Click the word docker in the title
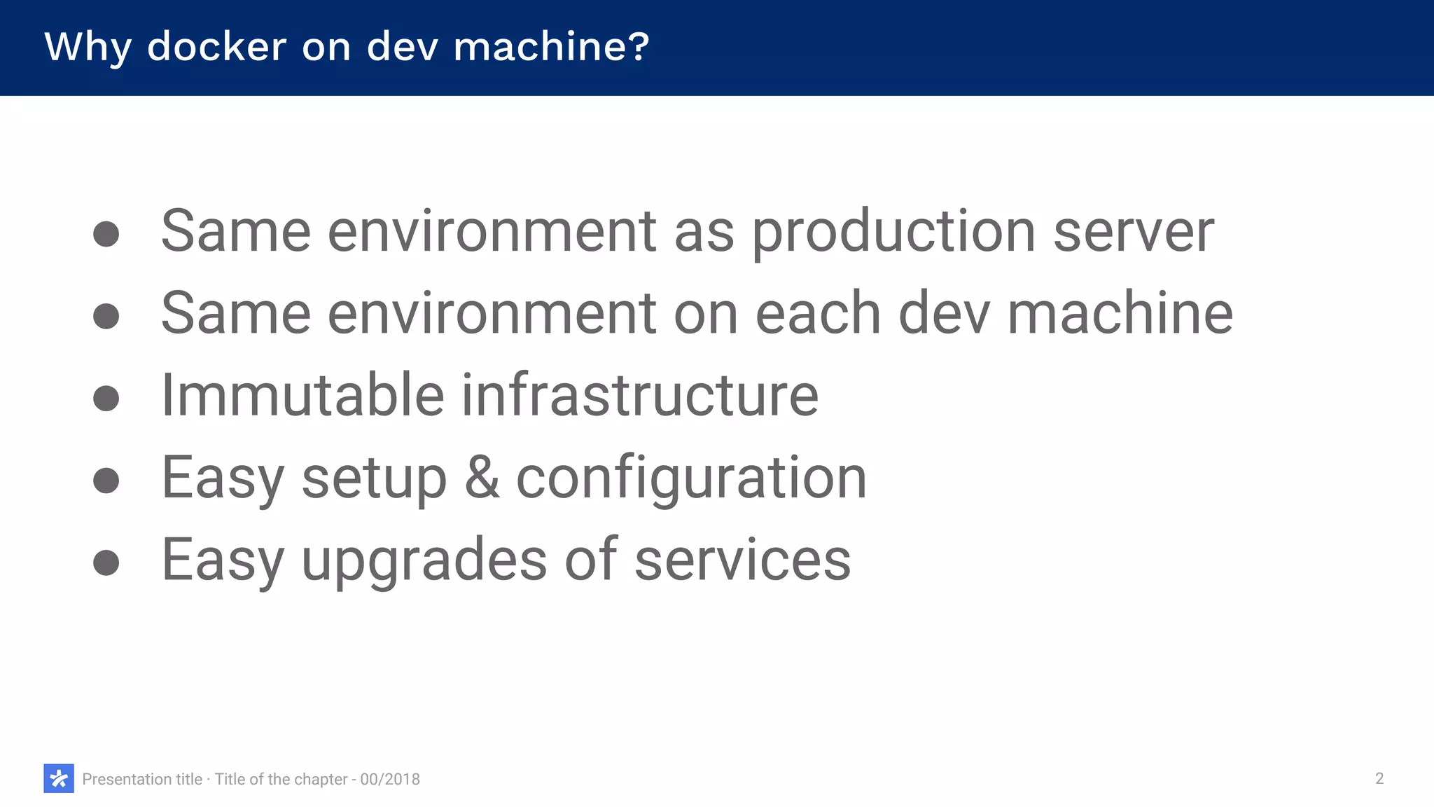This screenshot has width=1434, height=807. tap(216, 47)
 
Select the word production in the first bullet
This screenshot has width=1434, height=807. tap(893, 233)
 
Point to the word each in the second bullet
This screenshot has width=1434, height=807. tap(817, 313)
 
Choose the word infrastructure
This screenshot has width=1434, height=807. tap(639, 395)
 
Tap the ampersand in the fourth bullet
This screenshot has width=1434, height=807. tap(482, 478)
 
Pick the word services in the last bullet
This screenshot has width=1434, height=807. tap(742, 560)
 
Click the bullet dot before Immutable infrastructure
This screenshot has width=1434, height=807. tap(106, 398)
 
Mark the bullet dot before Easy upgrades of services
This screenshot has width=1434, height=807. tap(106, 563)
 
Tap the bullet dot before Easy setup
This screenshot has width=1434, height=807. tap(106, 481)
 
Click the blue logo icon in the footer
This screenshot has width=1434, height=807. tap(59, 778)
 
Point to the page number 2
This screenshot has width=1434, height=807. tap(1379, 778)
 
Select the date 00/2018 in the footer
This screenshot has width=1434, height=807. tap(390, 779)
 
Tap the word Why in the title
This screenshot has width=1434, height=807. tap(88, 47)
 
